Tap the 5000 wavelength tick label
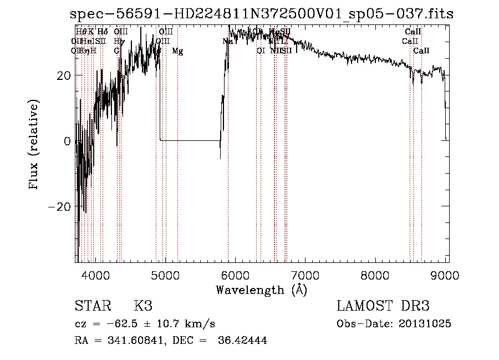coord(165,275)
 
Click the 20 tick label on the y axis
coord(65,75)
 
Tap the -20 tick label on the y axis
coord(61,206)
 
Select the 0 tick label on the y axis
coord(68,141)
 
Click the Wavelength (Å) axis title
coord(261,289)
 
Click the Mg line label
coord(177,51)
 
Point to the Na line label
coord(227,42)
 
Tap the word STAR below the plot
coord(91,306)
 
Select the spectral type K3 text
coord(143,306)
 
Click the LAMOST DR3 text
coord(383,306)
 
